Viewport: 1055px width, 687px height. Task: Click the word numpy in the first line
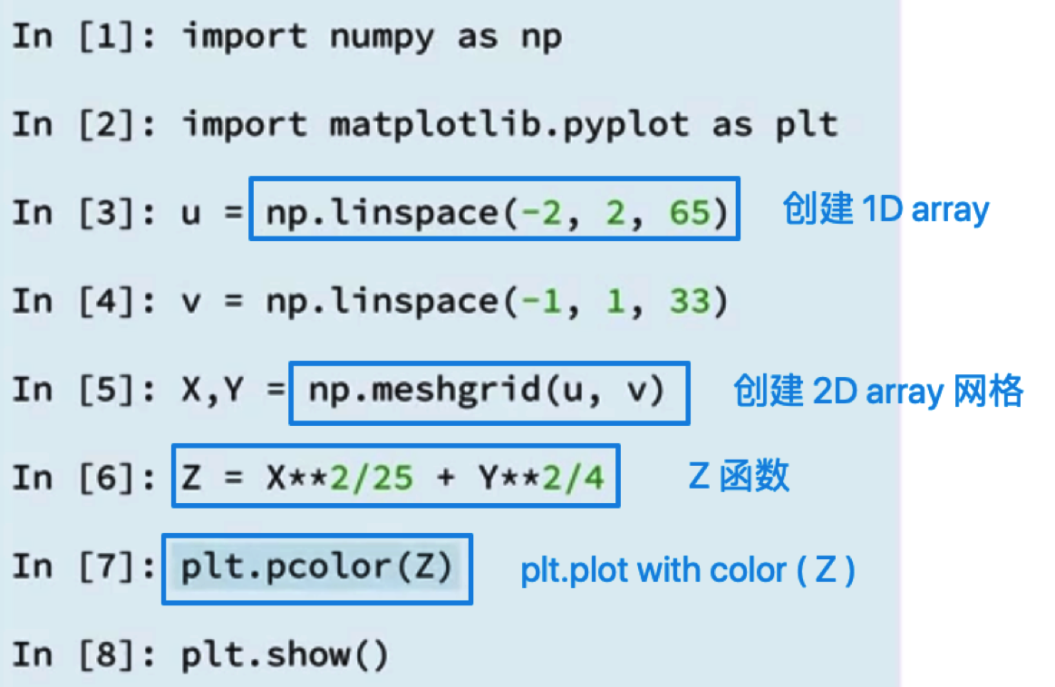point(382,38)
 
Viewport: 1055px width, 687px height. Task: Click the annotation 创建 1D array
point(886,208)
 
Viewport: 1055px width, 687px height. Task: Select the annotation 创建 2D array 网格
point(878,391)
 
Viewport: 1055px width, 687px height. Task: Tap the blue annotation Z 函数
point(739,476)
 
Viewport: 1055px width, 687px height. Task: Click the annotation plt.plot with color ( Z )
point(688,571)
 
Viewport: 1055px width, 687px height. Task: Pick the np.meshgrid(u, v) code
point(487,391)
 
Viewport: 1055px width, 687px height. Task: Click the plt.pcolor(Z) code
point(317,567)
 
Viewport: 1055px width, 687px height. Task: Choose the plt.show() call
point(285,655)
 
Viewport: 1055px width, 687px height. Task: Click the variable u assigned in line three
point(191,214)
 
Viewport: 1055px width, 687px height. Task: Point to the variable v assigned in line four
point(191,302)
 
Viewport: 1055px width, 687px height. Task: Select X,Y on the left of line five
point(213,391)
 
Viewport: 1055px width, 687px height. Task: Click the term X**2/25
point(340,478)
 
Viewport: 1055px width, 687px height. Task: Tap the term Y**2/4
point(542,478)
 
